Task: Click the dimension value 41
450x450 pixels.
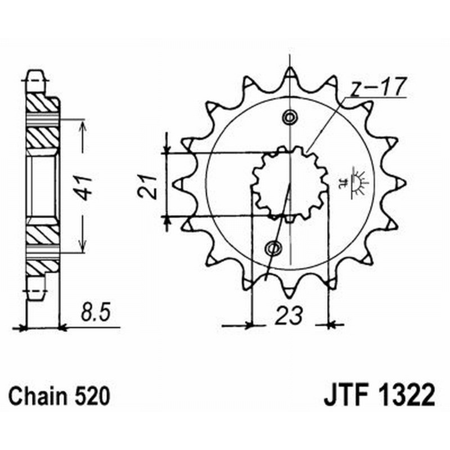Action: [84, 187]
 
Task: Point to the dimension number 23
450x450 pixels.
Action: [289, 315]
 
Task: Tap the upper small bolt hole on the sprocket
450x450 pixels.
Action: [290, 118]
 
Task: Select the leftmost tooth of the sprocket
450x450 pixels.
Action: [181, 183]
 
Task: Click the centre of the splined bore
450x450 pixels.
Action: [290, 183]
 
